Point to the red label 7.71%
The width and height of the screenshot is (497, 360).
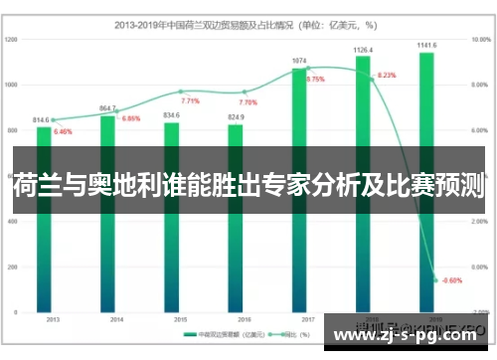pyautogui.click(x=190, y=101)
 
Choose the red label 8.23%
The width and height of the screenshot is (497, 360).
pyautogui.click(x=387, y=76)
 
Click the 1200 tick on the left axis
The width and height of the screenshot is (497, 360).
pyautogui.click(x=12, y=40)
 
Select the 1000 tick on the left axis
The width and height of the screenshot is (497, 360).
pyautogui.click(x=12, y=85)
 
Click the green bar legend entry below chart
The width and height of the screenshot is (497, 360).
pyautogui.click(x=225, y=334)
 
